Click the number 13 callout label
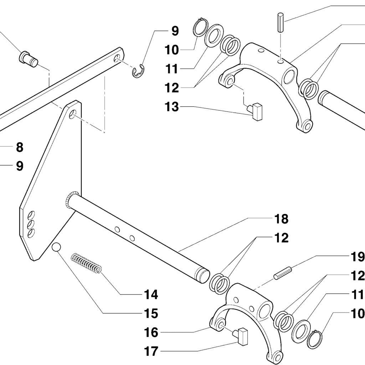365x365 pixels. (x=171, y=106)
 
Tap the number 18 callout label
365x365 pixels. (x=281, y=219)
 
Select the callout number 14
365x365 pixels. (x=151, y=294)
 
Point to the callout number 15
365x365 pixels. (x=151, y=314)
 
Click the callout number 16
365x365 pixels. (x=151, y=333)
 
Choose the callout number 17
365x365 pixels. (x=151, y=351)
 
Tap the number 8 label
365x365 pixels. (x=19, y=147)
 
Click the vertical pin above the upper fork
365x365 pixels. (x=281, y=22)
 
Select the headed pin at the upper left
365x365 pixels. (x=29, y=59)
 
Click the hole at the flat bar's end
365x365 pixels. (x=117, y=58)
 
